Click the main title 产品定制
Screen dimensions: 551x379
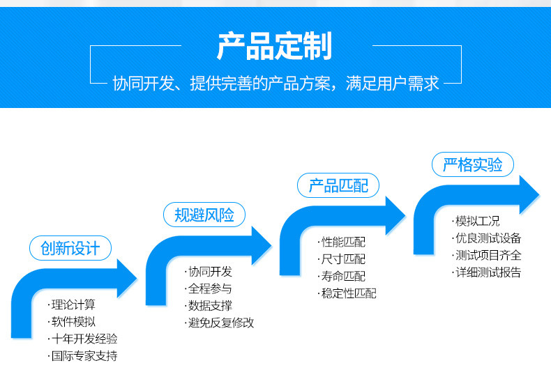pyautogui.click(x=274, y=46)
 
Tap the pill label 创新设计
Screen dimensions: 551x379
pyautogui.click(x=70, y=248)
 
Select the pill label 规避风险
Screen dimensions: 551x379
pyautogui.click(x=204, y=215)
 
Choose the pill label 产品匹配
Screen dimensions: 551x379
pyautogui.click(x=338, y=185)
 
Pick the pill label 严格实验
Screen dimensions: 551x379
pyautogui.click(x=473, y=164)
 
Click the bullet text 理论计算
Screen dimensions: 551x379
pyautogui.click(x=73, y=304)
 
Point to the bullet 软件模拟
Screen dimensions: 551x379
pyautogui.click(x=73, y=321)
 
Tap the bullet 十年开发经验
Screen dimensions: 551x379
pyautogui.click(x=84, y=339)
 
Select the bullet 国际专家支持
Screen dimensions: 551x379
pyautogui.click(x=84, y=356)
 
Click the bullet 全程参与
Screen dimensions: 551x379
pyautogui.click(x=210, y=288)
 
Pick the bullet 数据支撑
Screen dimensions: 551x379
pyautogui.click(x=210, y=306)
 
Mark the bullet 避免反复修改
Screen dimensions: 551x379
pyautogui.click(x=221, y=323)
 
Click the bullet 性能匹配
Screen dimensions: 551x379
pyautogui.click(x=343, y=242)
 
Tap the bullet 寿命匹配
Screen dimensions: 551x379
pyautogui.click(x=343, y=276)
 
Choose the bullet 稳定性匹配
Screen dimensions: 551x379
pyautogui.click(x=349, y=293)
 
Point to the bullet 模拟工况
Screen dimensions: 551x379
pyautogui.click(x=478, y=221)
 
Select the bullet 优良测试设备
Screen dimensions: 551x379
pyautogui.click(x=488, y=238)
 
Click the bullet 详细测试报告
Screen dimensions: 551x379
pyautogui.click(x=488, y=272)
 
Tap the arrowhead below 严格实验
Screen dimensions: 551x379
pyautogui.click(x=529, y=195)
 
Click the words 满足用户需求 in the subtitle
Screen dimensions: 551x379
pyautogui.click(x=393, y=84)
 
